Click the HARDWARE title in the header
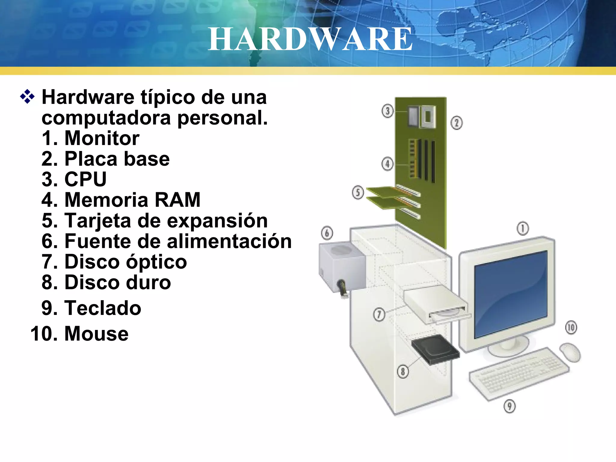click(x=310, y=39)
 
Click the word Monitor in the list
click(x=102, y=138)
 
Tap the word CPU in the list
click(x=85, y=179)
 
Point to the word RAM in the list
click(x=177, y=200)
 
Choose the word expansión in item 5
click(x=217, y=220)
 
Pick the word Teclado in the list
click(x=103, y=308)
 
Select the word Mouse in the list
click(x=97, y=334)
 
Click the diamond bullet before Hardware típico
click(x=27, y=97)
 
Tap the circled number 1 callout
click(x=522, y=228)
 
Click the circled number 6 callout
click(x=327, y=233)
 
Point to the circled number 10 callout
click(x=571, y=327)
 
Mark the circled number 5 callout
click(x=358, y=192)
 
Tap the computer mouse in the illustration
click(x=570, y=352)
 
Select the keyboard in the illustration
click(x=519, y=373)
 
